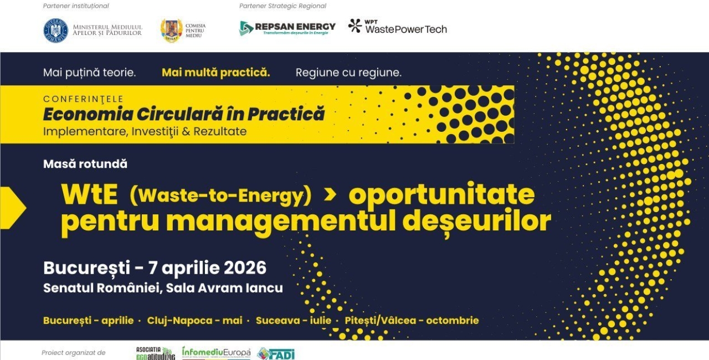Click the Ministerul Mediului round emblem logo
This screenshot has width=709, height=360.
[55, 30]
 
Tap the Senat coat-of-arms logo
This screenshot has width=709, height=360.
[171, 30]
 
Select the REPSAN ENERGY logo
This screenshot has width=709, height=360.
[287, 28]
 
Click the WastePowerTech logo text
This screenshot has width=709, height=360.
[405, 29]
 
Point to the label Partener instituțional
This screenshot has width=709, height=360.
[76, 6]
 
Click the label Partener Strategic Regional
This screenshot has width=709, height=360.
[282, 6]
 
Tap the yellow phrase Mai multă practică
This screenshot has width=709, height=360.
[215, 73]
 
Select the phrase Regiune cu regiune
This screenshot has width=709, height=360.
[348, 73]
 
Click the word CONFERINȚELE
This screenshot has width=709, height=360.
[83, 99]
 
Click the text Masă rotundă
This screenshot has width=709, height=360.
[85, 164]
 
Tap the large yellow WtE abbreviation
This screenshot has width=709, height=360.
[89, 194]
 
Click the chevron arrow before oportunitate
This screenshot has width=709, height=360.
[330, 194]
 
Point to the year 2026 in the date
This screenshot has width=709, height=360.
[245, 268]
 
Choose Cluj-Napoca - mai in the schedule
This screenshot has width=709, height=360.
[194, 321]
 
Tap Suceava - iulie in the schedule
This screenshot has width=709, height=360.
[294, 321]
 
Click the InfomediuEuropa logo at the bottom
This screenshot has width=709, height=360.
[216, 353]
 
